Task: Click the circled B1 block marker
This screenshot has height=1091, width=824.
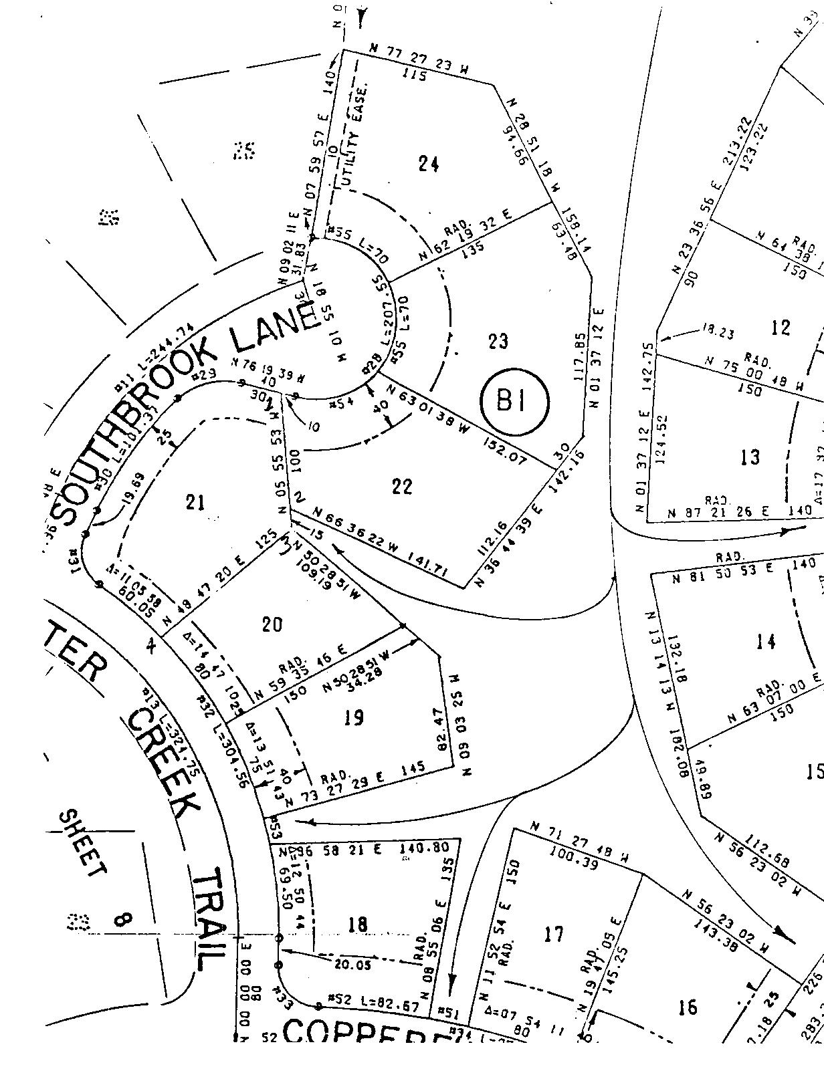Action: click(x=514, y=402)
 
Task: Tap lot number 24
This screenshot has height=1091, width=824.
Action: click(x=428, y=163)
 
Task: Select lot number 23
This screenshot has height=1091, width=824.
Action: click(x=498, y=341)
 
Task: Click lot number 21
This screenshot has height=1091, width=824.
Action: click(x=195, y=501)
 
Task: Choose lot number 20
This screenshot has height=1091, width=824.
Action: click(x=272, y=624)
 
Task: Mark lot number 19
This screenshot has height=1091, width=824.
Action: click(x=354, y=718)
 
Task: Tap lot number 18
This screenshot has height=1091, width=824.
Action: click(x=358, y=925)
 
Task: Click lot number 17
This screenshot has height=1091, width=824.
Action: click(x=554, y=934)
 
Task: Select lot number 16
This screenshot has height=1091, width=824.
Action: click(x=687, y=1006)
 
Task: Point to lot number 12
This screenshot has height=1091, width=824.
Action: click(x=781, y=328)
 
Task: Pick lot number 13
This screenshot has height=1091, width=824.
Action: click(x=750, y=457)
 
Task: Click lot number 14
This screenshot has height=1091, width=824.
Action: click(x=765, y=642)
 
